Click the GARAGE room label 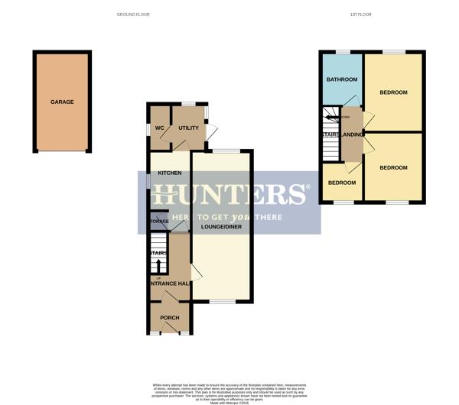[62, 102]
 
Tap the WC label [160, 128]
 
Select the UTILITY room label [188, 128]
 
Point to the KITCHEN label [170, 173]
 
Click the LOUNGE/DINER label [221, 227]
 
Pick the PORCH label [169, 318]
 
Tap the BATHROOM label [342, 79]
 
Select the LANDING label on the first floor [353, 135]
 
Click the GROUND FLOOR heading [133, 15]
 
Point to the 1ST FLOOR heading [360, 15]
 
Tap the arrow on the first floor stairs [330, 117]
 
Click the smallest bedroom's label [342, 183]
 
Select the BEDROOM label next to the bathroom [393, 92]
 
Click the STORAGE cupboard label [159, 222]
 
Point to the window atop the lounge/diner [222, 151]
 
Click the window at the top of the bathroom [341, 52]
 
